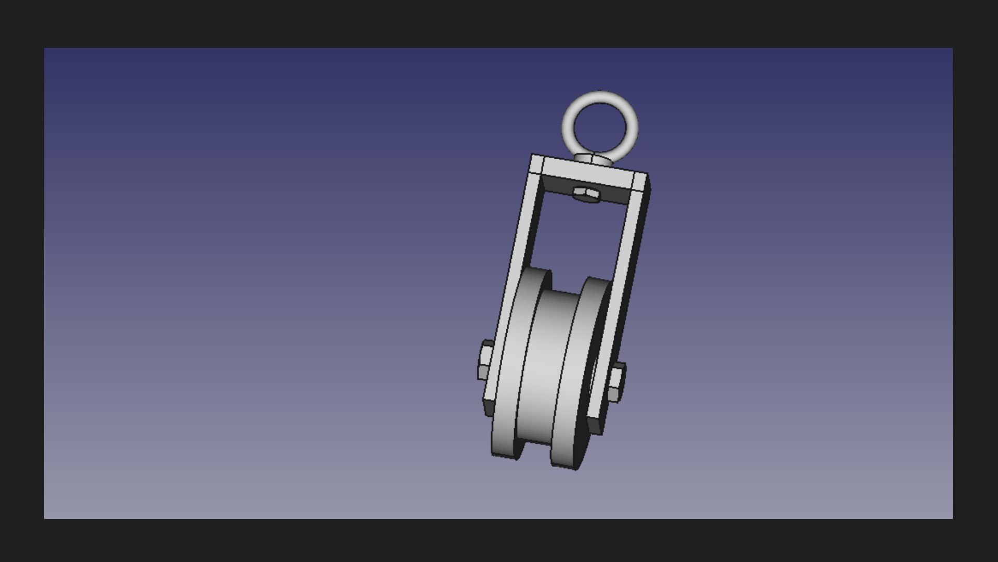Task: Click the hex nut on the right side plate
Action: [616, 383]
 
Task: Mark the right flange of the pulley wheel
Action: [577, 375]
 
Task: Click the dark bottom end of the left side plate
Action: [489, 408]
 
